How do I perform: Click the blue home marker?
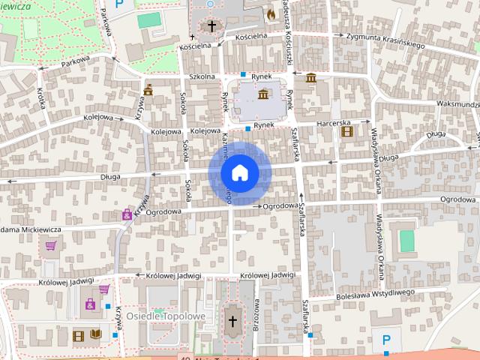(x=240, y=173)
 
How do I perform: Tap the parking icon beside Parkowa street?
(x=118, y=5)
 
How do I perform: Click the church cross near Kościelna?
(x=212, y=27)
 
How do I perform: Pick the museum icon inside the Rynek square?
(x=263, y=94)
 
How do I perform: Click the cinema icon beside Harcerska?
(x=346, y=131)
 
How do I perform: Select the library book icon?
(x=95, y=335)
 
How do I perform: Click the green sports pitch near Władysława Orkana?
(x=406, y=241)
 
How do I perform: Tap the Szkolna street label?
(x=202, y=76)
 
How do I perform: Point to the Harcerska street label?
(x=333, y=122)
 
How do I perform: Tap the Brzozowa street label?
(x=256, y=312)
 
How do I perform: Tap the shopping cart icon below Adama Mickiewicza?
(x=51, y=244)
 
